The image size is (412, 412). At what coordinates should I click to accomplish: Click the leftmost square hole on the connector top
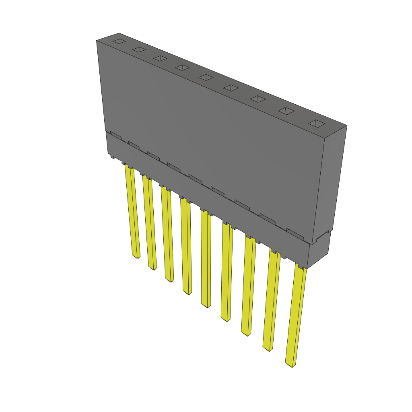point(119,41)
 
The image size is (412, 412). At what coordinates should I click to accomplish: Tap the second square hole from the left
point(138,49)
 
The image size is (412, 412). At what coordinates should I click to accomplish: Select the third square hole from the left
point(160,58)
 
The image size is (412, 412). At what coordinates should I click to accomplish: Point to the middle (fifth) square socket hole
point(206,77)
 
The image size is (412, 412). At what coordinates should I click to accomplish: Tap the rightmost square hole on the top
point(317,124)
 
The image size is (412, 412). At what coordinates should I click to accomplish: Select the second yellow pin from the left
point(150,223)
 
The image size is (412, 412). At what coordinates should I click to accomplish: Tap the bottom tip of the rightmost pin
point(290,365)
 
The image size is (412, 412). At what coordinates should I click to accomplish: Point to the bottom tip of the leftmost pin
point(137,256)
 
